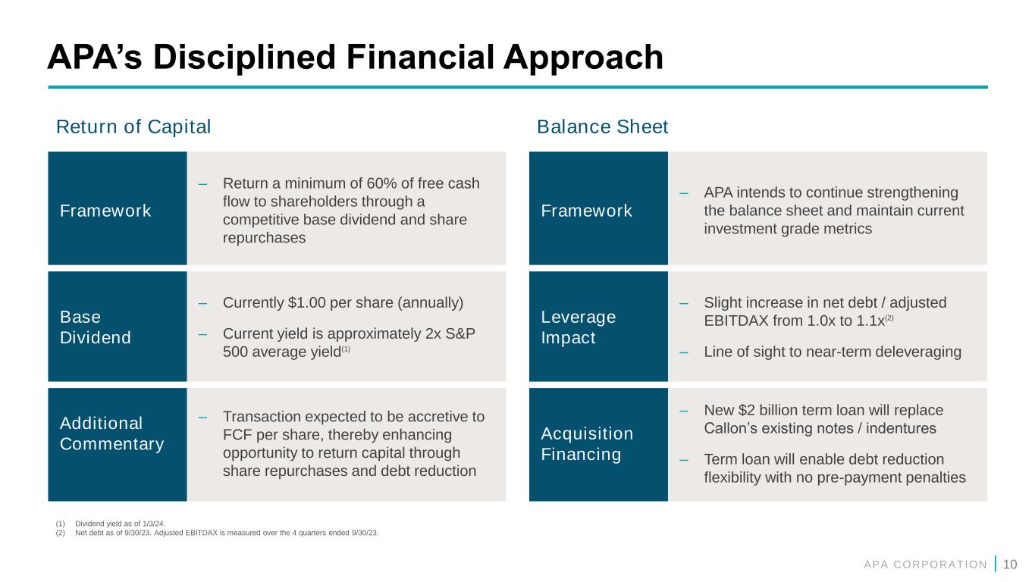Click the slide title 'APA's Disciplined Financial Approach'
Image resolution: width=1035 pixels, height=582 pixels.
click(x=355, y=58)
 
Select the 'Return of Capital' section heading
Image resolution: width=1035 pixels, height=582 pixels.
click(x=133, y=127)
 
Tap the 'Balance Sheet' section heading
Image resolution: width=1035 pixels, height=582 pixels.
click(x=602, y=127)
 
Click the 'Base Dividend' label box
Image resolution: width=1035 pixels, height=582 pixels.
click(x=117, y=327)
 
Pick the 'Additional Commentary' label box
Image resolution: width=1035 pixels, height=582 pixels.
click(x=117, y=444)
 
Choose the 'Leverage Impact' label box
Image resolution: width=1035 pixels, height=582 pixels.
click(x=598, y=327)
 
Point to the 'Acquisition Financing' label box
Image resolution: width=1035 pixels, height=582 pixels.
click(x=598, y=444)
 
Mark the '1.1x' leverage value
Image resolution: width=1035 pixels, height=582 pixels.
click(x=883, y=321)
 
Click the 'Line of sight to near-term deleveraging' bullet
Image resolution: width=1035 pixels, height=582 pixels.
click(x=832, y=352)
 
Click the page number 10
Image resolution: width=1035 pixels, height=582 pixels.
click(x=1009, y=563)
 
